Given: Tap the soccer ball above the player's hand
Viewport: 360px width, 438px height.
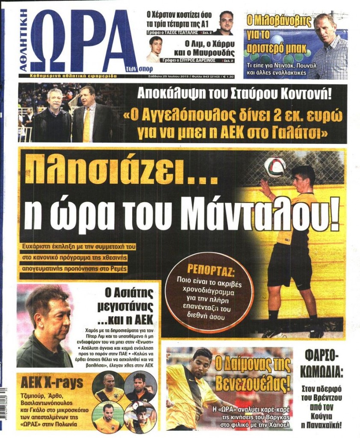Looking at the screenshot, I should [x=274, y=167].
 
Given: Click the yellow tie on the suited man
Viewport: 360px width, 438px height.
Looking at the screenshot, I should [x=87, y=124].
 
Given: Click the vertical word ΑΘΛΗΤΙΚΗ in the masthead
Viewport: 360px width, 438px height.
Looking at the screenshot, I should [x=24, y=41].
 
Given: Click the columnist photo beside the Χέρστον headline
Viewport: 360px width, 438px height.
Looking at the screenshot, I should [x=225, y=22].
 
